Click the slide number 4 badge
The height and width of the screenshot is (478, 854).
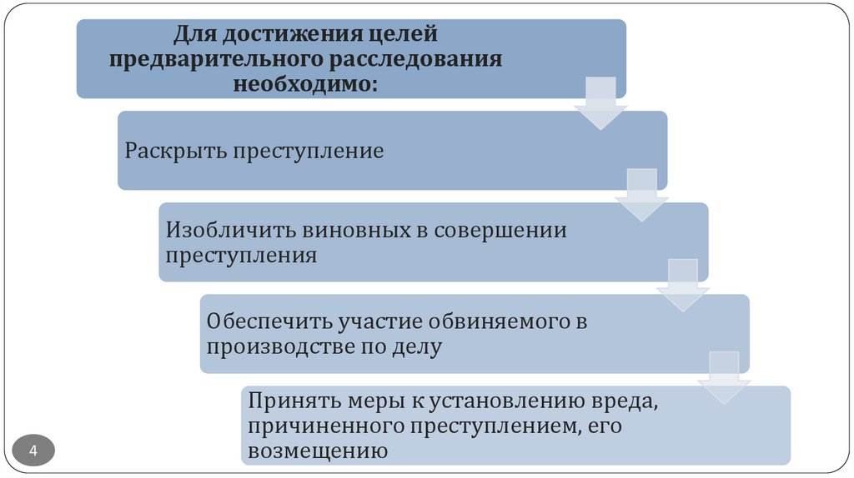[x=34, y=451]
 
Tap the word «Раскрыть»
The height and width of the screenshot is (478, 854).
[x=175, y=151]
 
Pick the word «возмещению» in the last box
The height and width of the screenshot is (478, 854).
[x=318, y=451]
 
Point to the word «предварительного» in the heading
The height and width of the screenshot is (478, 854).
[x=206, y=60]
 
